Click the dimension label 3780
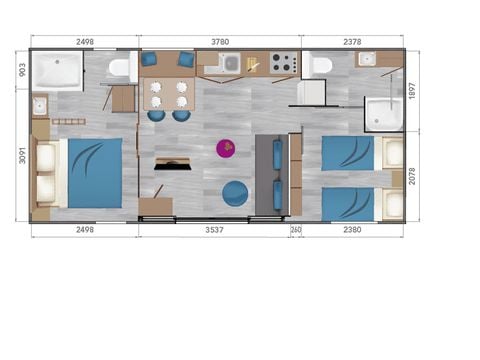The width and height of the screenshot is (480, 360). click(220, 41)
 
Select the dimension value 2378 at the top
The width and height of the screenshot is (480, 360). click(352, 41)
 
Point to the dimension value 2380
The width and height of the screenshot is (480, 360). click(352, 229)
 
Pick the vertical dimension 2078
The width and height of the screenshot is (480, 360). click(412, 176)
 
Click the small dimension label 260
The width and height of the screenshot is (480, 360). click(296, 229)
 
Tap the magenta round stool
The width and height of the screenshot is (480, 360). click(226, 149)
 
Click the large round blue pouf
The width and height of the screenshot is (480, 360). click(236, 192)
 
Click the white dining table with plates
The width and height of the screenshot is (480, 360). click(167, 94)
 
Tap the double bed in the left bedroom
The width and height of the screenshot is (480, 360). click(92, 172)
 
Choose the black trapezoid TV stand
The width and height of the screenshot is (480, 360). click(172, 162)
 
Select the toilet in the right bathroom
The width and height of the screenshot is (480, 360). click(321, 66)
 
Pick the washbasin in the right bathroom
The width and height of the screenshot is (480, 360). click(366, 59)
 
